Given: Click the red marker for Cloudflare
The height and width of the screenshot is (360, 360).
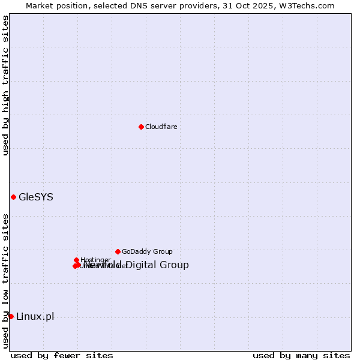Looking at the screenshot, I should tap(141, 127).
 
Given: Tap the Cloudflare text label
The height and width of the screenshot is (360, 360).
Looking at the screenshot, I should tap(161, 127).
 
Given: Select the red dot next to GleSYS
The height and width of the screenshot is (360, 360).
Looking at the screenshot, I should tap(13, 197).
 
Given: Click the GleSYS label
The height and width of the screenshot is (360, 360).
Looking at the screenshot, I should tap(36, 197).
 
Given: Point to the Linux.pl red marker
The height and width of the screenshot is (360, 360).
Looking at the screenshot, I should tap(11, 316).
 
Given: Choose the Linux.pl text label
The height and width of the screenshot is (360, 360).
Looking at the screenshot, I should tap(35, 316).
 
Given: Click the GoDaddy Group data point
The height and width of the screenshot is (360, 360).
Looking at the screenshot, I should tap(118, 251).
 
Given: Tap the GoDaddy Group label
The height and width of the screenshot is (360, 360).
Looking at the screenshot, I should tap(147, 251).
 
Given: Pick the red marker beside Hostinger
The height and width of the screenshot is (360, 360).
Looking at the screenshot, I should tap(76, 260).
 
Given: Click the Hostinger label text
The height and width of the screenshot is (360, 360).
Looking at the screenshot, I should tap(95, 260).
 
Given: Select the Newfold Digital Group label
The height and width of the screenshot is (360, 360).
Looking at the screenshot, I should tap(137, 265).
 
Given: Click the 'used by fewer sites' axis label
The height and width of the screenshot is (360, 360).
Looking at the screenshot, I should tap(62, 355).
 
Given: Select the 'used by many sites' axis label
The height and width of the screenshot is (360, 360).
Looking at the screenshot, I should tap(301, 355).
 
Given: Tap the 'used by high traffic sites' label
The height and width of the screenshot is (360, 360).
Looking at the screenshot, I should tap(5, 85).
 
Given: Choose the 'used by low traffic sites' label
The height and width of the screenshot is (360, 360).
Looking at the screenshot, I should tap(5, 281).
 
